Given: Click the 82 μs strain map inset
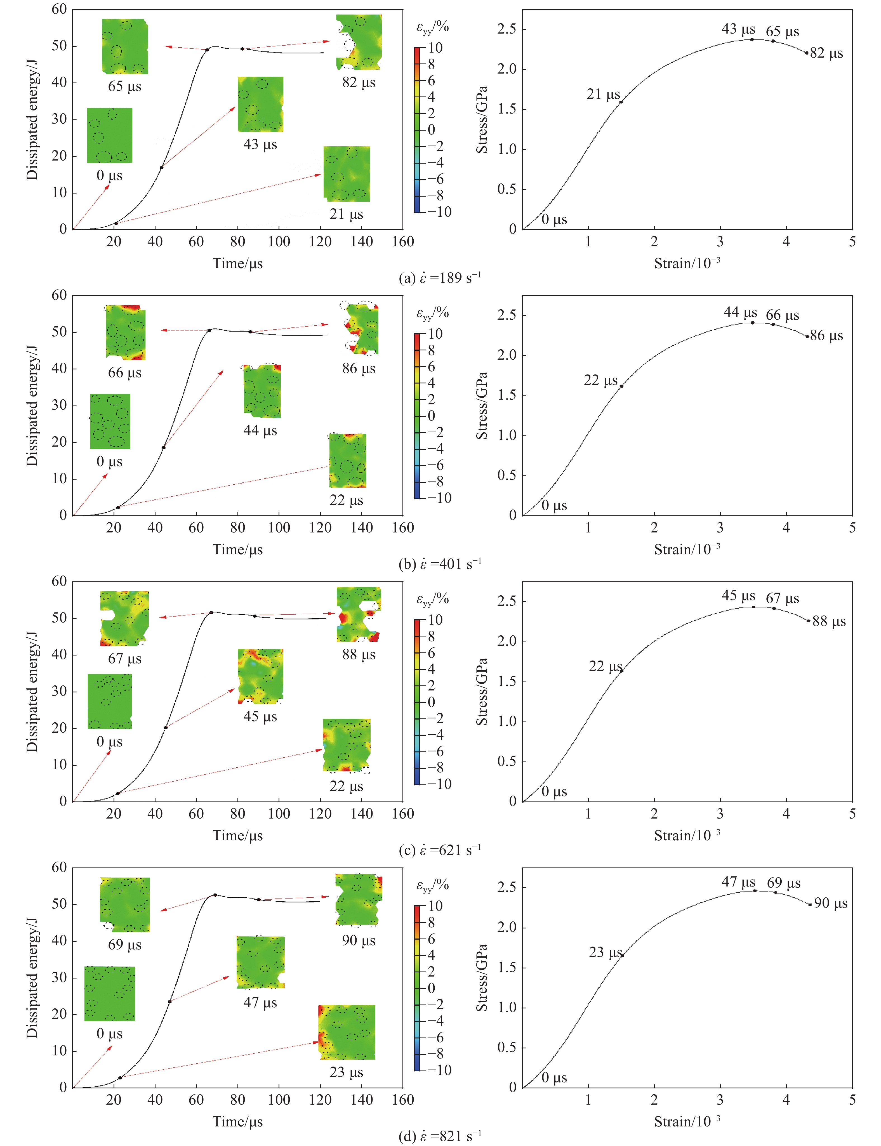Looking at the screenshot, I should tap(359, 42).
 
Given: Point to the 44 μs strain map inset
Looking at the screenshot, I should tap(262, 391).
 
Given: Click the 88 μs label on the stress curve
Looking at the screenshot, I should tap(828, 622).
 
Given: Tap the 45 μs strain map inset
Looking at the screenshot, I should tap(261, 676).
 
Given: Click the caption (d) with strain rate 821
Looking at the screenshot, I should tap(439, 1136).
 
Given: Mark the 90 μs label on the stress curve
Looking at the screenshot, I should tap(831, 903).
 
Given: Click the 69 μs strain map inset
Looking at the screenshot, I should tap(125, 904).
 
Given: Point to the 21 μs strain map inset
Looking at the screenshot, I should tap(347, 174).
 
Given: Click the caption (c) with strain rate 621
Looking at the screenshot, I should tap(439, 850).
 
